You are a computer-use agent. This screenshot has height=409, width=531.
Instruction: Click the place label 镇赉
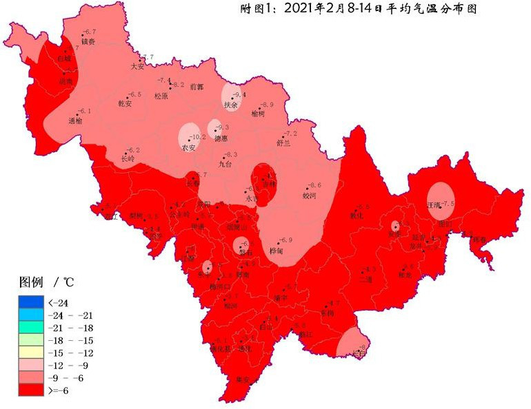[88, 41]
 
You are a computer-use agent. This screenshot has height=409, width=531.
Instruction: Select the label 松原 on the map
[161, 96]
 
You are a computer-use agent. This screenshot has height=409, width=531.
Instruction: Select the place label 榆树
[258, 113]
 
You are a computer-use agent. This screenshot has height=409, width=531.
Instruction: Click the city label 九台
[226, 164]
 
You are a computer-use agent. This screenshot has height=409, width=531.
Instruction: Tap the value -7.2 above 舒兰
[290, 134]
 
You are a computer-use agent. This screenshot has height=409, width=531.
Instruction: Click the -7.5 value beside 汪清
[448, 203]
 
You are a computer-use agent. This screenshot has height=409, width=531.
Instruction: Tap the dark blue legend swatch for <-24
[31, 302]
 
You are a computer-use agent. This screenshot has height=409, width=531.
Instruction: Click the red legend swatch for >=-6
[31, 391]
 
